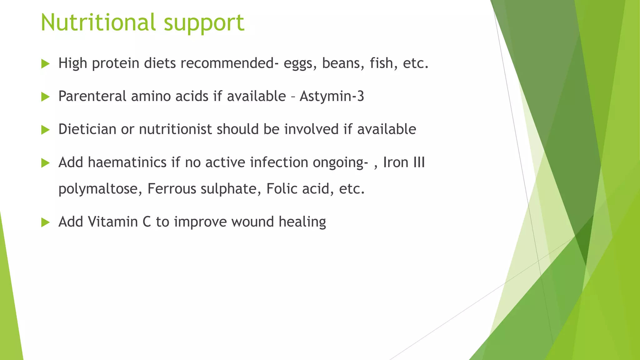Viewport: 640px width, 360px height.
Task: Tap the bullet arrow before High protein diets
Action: point(45,64)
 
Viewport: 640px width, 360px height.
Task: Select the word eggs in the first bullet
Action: point(298,64)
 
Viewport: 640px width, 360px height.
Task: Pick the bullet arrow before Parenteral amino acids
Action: point(45,97)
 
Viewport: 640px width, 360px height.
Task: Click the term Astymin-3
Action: point(332,96)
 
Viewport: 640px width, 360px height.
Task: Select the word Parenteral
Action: point(92,96)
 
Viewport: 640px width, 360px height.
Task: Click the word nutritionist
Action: point(175,129)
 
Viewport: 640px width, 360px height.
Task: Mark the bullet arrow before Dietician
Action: point(45,130)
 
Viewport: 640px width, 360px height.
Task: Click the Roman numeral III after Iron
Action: point(419,162)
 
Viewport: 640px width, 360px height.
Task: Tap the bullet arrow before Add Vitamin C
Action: point(45,222)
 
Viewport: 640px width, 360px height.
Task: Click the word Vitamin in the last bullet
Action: point(113,222)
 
